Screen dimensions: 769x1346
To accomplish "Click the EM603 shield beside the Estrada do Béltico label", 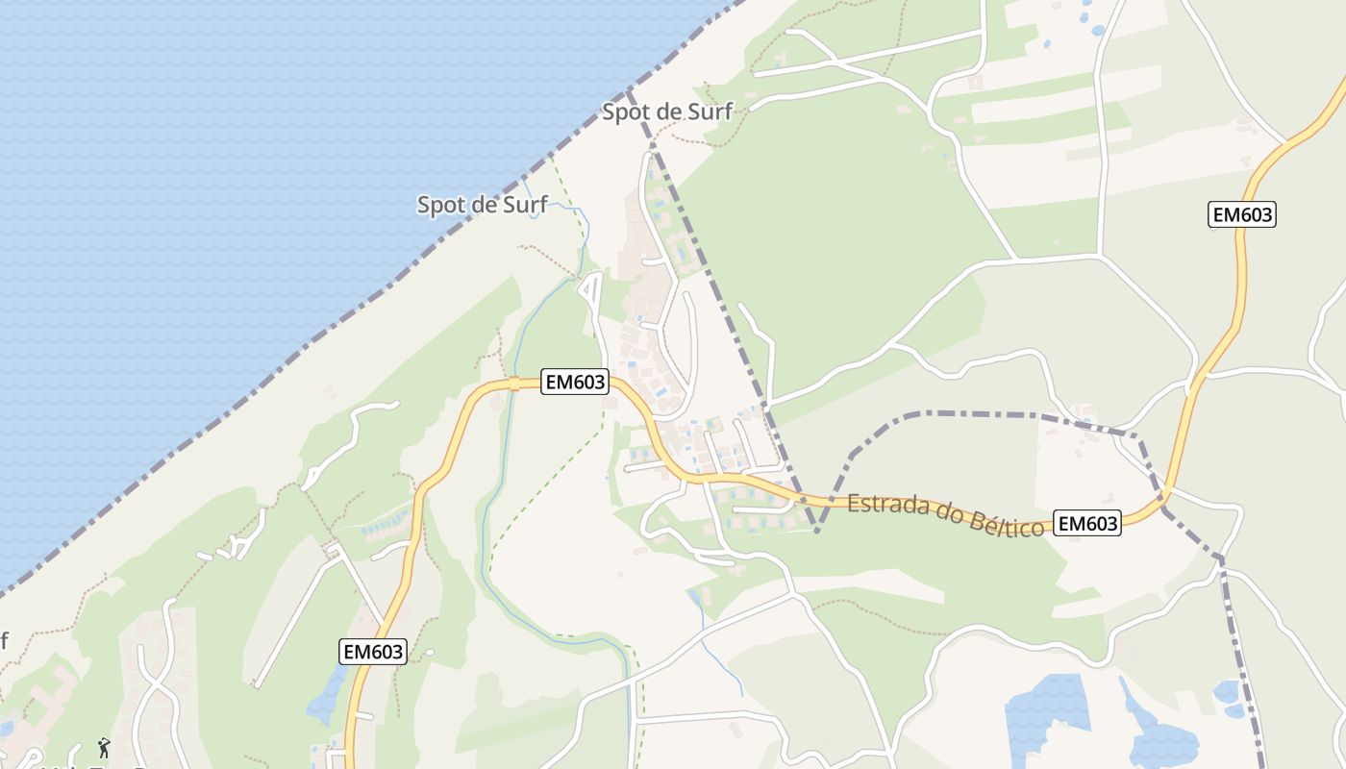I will tap(1087, 523).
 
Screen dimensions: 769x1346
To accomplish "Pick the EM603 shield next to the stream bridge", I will tap(576, 382).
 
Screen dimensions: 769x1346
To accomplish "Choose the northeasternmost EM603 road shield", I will tap(1241, 214).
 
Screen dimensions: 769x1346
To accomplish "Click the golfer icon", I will tap(103, 747).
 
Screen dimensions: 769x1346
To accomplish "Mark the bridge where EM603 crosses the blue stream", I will tap(514, 384).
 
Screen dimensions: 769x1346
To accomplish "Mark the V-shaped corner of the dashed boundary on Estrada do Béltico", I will tap(815, 530).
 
